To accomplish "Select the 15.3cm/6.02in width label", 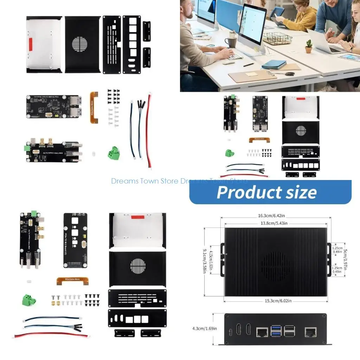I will tap(276, 301).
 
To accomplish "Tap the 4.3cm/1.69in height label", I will tap(205, 329).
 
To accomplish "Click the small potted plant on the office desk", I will tap(309, 46).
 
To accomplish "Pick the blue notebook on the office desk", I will tap(274, 64).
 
